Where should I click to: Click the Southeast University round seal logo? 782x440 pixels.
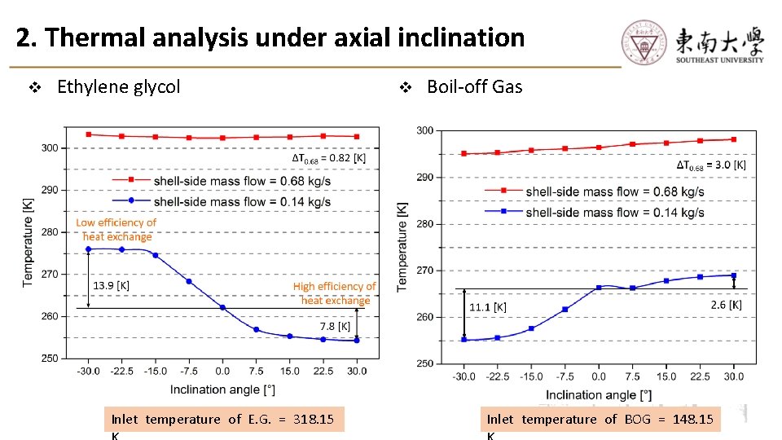(644, 41)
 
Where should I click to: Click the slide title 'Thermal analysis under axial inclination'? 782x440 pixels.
(270, 37)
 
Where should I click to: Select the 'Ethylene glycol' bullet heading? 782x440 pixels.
(118, 86)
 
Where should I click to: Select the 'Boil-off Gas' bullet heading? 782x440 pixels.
(474, 86)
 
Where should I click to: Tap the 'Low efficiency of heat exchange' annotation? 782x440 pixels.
(116, 229)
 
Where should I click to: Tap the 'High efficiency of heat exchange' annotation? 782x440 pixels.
(335, 293)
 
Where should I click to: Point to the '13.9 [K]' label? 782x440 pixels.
(111, 285)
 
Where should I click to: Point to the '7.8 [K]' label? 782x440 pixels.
(335, 326)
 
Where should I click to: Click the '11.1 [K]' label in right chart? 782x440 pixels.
(488, 307)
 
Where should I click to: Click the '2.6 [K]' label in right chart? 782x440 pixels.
(725, 305)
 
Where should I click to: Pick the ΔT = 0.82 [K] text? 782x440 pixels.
(329, 158)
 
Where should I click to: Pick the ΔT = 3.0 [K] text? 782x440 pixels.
(710, 165)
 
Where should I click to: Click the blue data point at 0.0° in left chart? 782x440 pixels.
(222, 307)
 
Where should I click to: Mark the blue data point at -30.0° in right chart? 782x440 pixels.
(464, 340)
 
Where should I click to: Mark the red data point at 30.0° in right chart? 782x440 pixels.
(733, 139)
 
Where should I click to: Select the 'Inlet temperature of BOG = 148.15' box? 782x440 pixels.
(600, 419)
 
